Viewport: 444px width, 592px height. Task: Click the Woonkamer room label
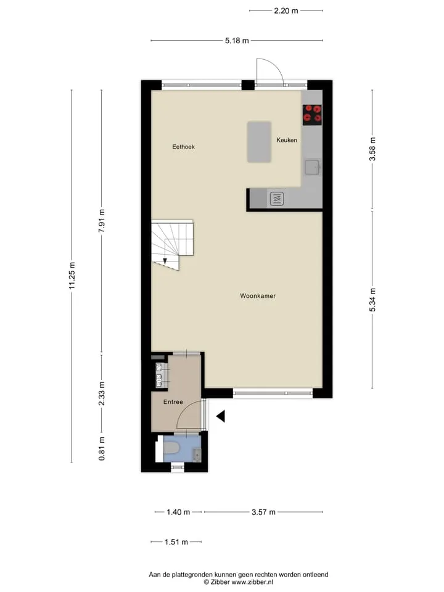[x=258, y=296]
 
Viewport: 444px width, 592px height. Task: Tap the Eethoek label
[x=184, y=147]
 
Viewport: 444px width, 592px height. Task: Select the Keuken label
[x=287, y=140]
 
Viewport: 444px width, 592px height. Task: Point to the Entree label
[x=173, y=402]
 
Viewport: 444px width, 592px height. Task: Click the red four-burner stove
[x=312, y=115]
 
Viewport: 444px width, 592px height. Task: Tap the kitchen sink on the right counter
[x=313, y=167]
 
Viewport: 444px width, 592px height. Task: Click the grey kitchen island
[x=260, y=142]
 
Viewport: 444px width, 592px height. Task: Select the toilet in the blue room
[x=171, y=448]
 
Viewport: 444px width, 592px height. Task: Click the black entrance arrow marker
[x=221, y=416]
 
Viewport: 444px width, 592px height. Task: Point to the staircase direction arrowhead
[x=165, y=261]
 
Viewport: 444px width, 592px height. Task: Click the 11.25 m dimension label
[x=72, y=276]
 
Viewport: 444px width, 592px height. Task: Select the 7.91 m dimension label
[x=102, y=221]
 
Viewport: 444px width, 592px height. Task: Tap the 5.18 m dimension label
[x=237, y=41]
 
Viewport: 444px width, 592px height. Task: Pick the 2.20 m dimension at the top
[x=286, y=11]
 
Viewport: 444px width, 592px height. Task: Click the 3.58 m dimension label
[x=372, y=149]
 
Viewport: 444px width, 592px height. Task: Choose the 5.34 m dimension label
[x=372, y=300]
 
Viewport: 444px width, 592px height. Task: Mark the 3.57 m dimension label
[x=263, y=512]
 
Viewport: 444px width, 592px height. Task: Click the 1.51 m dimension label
[x=176, y=542]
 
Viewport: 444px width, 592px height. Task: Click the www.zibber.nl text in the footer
[x=252, y=582]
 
